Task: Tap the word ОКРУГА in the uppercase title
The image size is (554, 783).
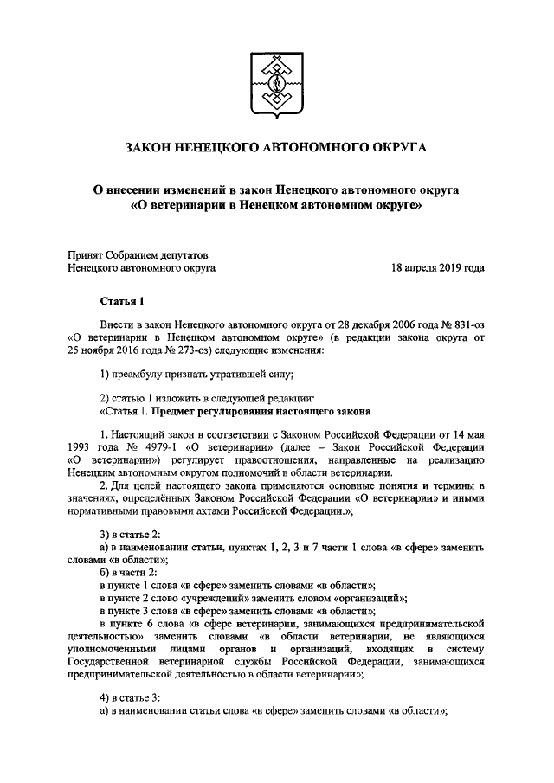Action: (399, 150)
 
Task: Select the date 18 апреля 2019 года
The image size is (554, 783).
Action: (437, 268)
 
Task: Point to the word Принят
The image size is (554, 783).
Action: (85, 254)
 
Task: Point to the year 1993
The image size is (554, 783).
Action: (81, 446)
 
